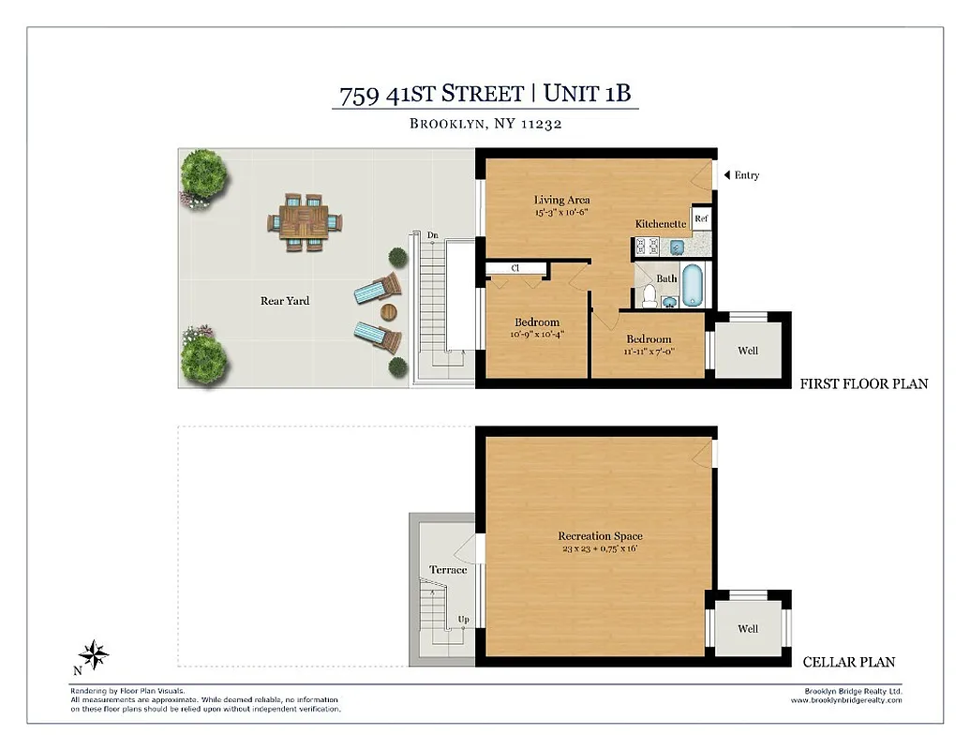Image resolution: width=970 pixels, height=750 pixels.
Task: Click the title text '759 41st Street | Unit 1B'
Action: click(485, 94)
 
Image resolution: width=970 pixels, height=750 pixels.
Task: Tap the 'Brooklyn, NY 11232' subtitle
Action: click(485, 124)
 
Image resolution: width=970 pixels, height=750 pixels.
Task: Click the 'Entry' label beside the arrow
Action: click(746, 175)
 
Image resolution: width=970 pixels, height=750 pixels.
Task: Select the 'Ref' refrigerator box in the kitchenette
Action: click(701, 219)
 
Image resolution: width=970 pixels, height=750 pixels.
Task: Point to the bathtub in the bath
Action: click(694, 287)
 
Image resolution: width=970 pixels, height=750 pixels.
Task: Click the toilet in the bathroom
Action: click(649, 295)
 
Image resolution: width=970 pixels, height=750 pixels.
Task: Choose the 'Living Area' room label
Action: click(561, 200)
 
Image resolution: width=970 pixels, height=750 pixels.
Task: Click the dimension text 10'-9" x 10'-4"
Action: click(537, 334)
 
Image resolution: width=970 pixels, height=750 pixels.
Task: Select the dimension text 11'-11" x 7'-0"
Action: click(649, 351)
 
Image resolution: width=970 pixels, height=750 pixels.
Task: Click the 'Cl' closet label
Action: click(515, 268)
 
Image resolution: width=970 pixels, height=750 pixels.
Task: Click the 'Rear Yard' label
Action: click(285, 301)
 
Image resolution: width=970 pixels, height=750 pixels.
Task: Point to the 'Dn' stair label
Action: click(432, 235)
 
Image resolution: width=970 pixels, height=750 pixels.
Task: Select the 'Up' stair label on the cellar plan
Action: click(463, 620)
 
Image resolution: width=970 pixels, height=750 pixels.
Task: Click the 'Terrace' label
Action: click(447, 570)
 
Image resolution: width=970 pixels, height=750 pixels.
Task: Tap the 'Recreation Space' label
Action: click(600, 536)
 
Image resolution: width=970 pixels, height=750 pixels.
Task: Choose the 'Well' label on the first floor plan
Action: click(747, 351)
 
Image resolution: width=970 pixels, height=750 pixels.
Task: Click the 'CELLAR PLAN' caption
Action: click(848, 662)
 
